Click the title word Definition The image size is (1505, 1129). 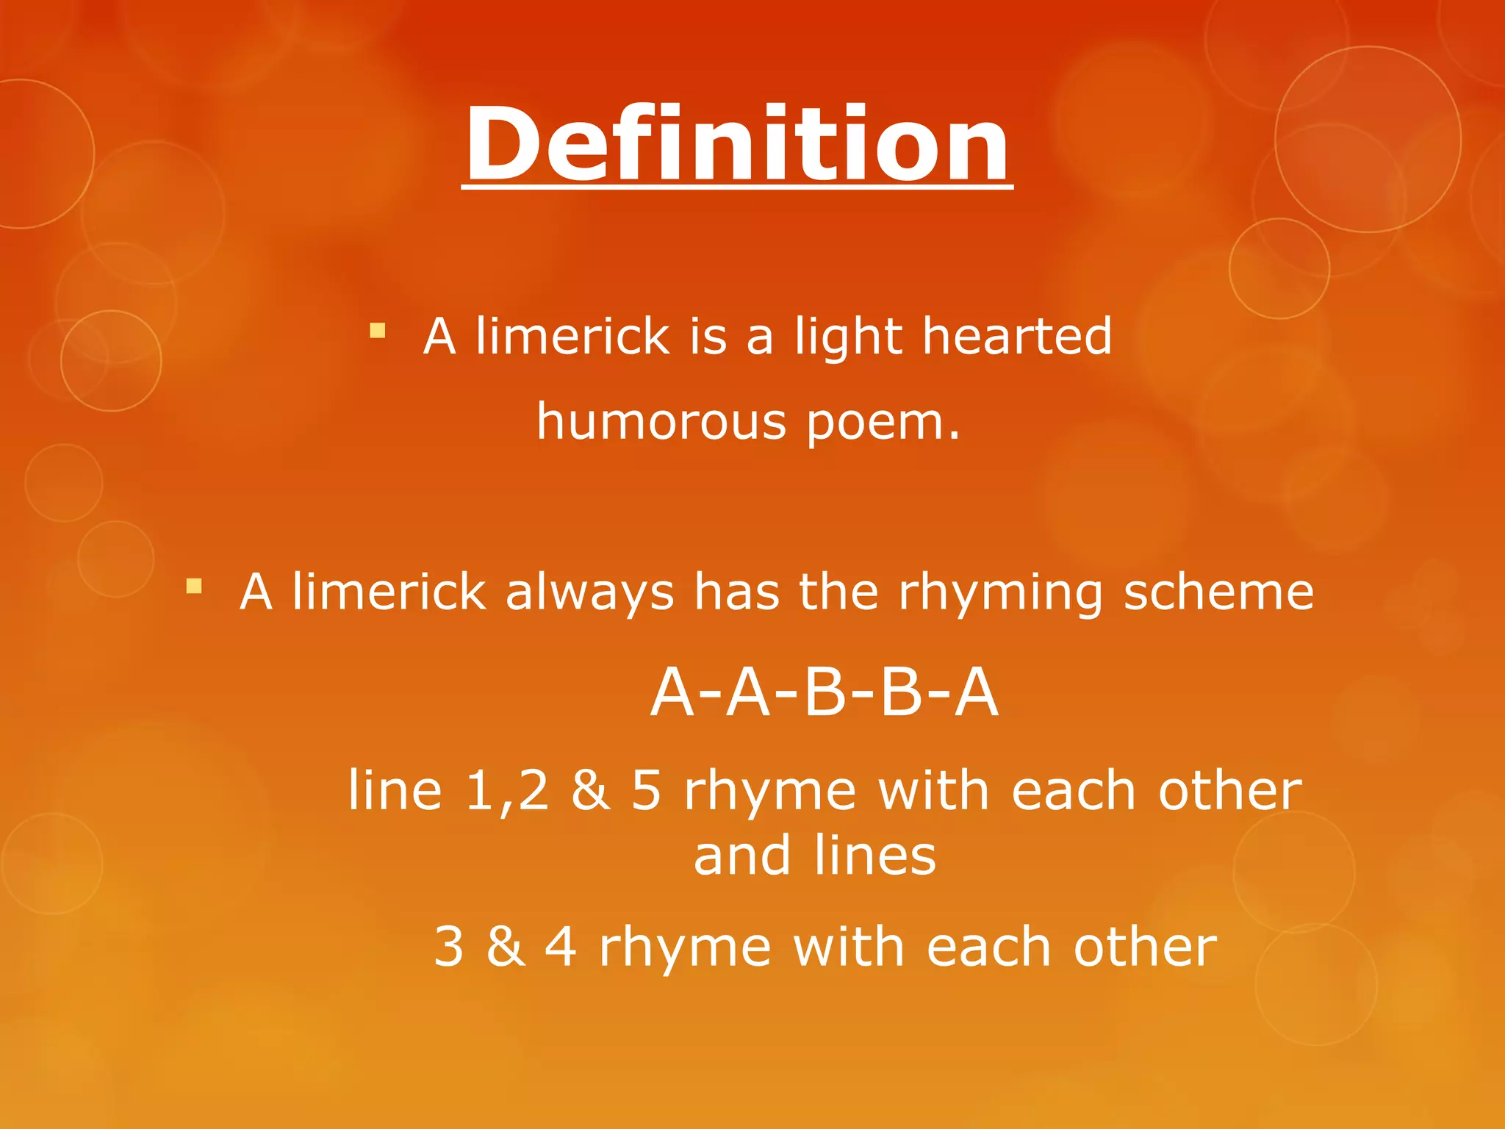click(x=737, y=144)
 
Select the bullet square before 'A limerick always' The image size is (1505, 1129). click(x=194, y=586)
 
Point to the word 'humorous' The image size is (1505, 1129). click(x=661, y=422)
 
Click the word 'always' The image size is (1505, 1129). click(x=589, y=592)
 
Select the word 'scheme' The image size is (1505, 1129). click(x=1218, y=592)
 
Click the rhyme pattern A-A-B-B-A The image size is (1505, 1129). click(x=825, y=692)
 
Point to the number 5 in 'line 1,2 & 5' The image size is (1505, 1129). click(x=647, y=791)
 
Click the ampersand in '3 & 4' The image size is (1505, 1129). click(x=506, y=947)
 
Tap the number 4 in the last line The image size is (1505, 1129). click(x=561, y=947)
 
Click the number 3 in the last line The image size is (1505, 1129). click(x=449, y=947)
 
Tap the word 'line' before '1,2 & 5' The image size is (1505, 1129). click(x=395, y=791)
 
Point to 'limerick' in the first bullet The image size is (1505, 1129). click(x=572, y=336)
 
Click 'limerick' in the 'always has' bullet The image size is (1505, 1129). click(x=389, y=592)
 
